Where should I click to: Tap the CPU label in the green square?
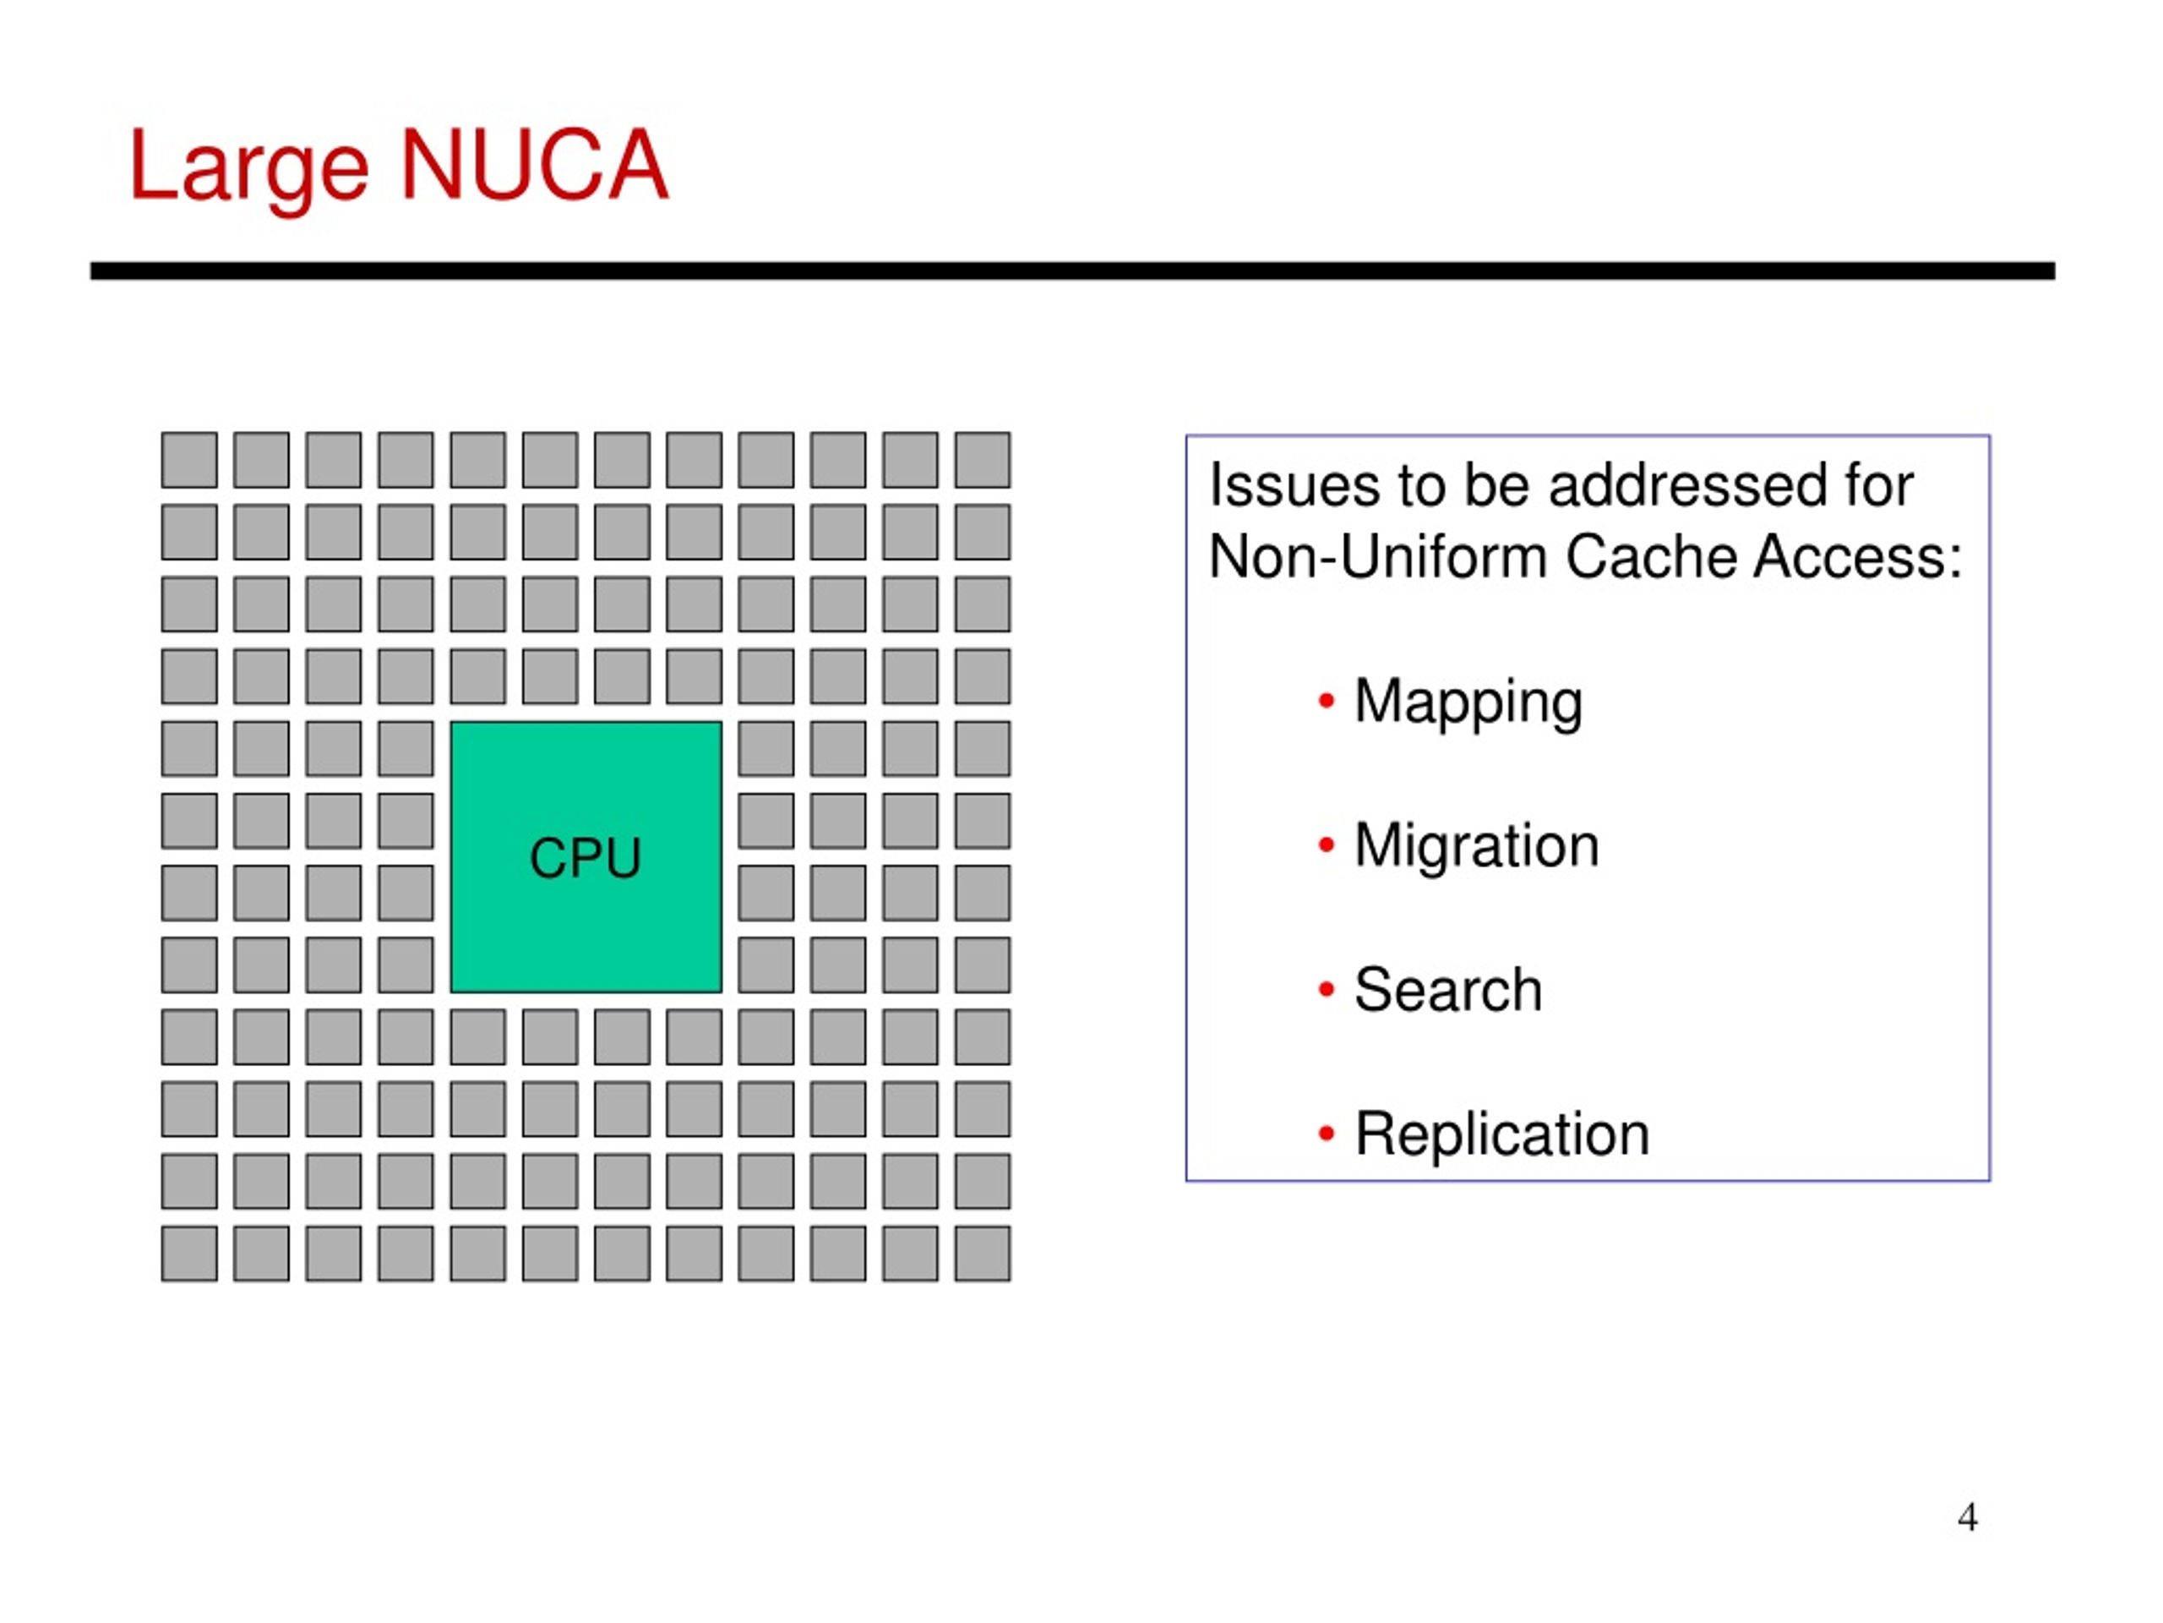tap(585, 858)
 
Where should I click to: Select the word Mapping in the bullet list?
tap(1468, 704)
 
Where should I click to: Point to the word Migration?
tap(1477, 846)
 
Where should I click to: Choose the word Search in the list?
tap(1448, 990)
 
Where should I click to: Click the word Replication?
tap(1502, 1134)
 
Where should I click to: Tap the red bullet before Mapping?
tap(1326, 701)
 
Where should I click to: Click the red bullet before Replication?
tap(1326, 1134)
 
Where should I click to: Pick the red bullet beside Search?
tap(1326, 989)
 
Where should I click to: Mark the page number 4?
tap(1968, 1517)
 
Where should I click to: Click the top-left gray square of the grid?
tap(188, 460)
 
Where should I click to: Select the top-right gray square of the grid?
tap(983, 460)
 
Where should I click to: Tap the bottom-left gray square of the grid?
tap(188, 1254)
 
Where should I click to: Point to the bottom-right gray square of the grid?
tap(983, 1254)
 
